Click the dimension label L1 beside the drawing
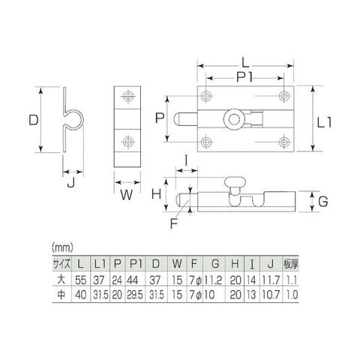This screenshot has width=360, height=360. click(x=324, y=123)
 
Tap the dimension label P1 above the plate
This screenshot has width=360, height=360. click(x=244, y=78)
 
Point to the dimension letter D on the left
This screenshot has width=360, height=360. click(x=34, y=120)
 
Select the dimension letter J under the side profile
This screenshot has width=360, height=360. click(x=71, y=183)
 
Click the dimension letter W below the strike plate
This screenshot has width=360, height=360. click(x=127, y=194)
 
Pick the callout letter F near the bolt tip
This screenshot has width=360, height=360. click(x=173, y=223)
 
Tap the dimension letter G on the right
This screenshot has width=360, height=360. click(x=323, y=201)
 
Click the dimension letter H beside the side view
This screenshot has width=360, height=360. click(x=157, y=193)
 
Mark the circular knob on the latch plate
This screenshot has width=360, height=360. click(x=234, y=119)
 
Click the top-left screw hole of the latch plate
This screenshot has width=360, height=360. click(x=206, y=96)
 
